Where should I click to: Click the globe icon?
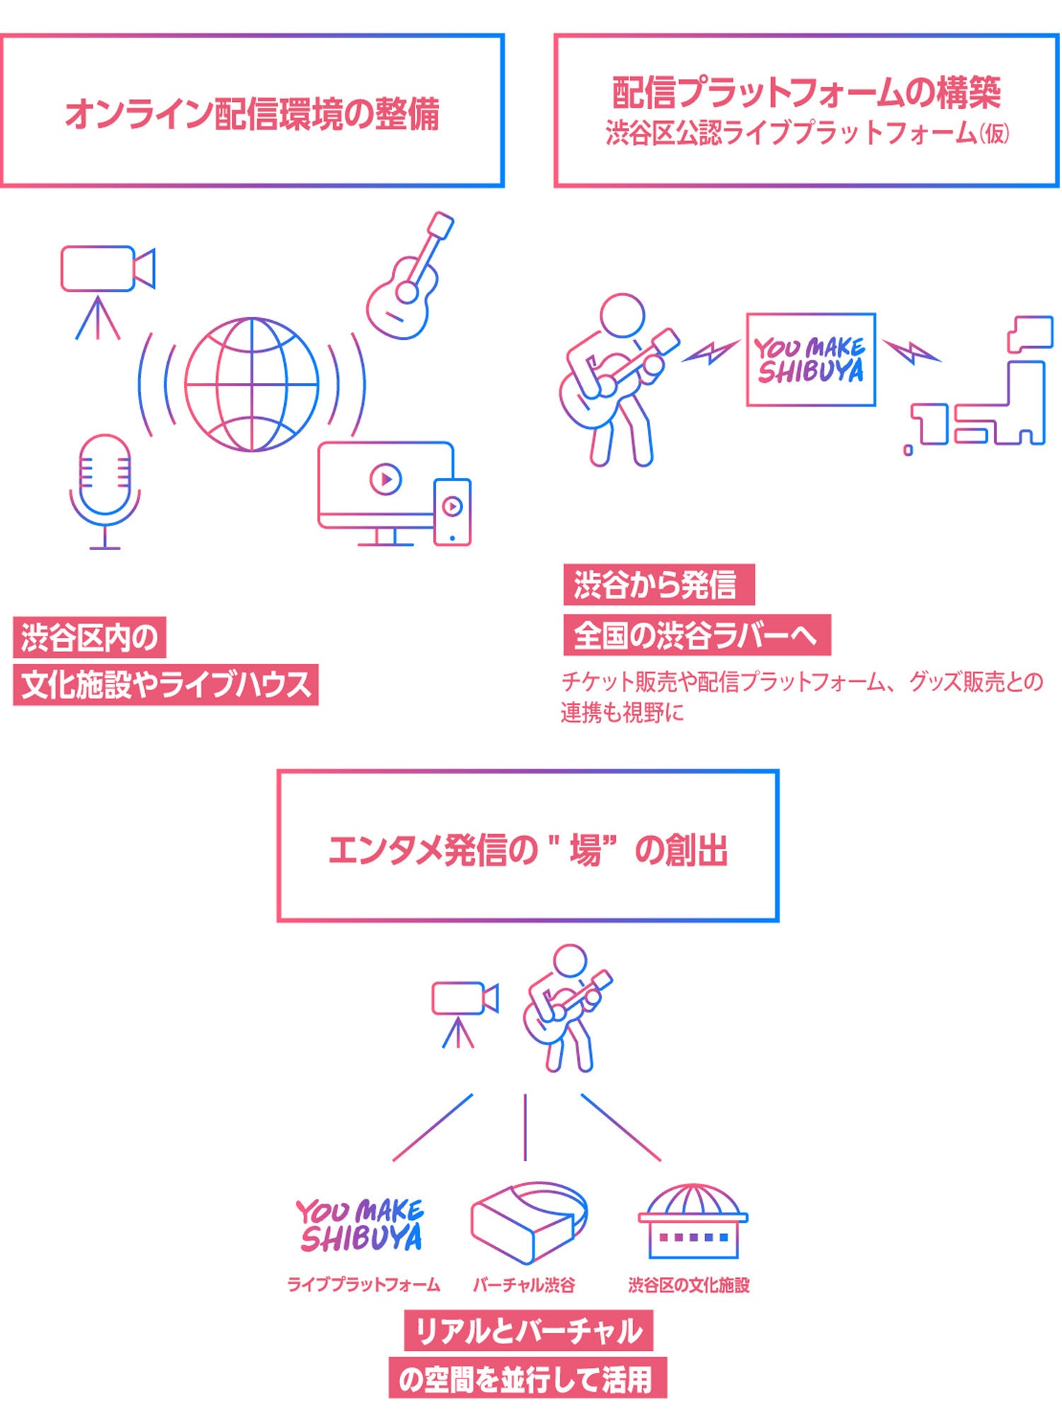251,384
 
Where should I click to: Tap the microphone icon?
105,489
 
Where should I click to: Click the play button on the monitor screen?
386,479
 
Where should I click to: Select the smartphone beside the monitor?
452,511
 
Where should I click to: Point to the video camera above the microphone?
106,269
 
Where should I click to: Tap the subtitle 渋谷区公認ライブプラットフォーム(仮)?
807,133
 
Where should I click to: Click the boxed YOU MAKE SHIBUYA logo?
811,360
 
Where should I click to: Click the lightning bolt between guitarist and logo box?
710,351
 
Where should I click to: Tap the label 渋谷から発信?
658,585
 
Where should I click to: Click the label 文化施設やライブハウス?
166,685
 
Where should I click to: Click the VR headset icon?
527,1221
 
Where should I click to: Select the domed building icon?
692,1221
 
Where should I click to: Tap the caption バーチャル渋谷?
524,1285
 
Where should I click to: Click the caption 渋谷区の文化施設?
688,1285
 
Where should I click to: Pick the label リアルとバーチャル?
528,1331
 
